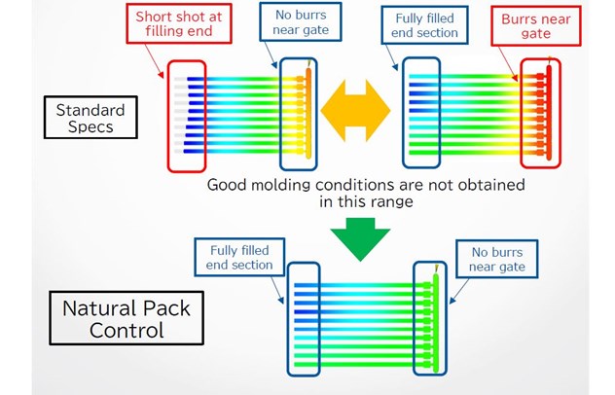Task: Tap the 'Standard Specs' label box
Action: pyautogui.click(x=85, y=118)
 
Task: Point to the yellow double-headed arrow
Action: pyautogui.click(x=355, y=106)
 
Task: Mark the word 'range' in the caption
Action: pyautogui.click(x=394, y=203)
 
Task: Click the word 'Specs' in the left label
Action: pyautogui.click(x=85, y=128)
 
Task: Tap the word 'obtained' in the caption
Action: pyautogui.click(x=491, y=185)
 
